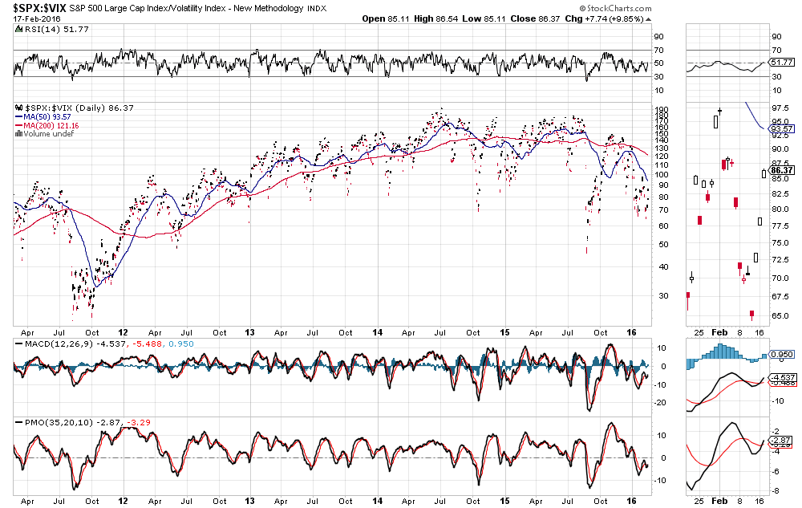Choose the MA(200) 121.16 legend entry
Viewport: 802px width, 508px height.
pyautogui.click(x=49, y=124)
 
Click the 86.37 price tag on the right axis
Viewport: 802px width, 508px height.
pyautogui.click(x=781, y=170)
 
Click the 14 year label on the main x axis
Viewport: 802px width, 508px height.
pyautogui.click(x=377, y=331)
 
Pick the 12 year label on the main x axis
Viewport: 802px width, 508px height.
pyautogui.click(x=123, y=331)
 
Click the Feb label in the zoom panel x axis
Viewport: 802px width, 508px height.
pyautogui.click(x=719, y=331)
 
